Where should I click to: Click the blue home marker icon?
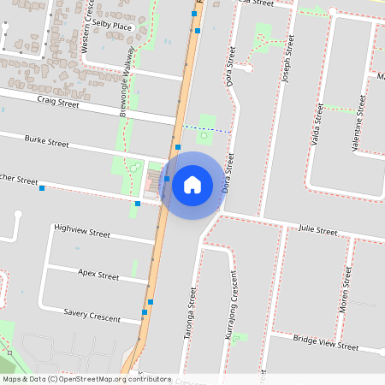click(x=192, y=185)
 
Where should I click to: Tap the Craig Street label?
click(x=58, y=103)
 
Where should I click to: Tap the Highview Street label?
click(x=82, y=232)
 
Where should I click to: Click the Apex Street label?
click(x=98, y=275)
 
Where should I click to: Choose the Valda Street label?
click(x=317, y=125)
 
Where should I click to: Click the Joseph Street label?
click(x=288, y=64)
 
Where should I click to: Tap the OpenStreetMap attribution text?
click(x=86, y=379)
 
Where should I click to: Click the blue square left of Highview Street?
click(x=42, y=188)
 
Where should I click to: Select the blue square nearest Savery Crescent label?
click(x=151, y=302)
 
